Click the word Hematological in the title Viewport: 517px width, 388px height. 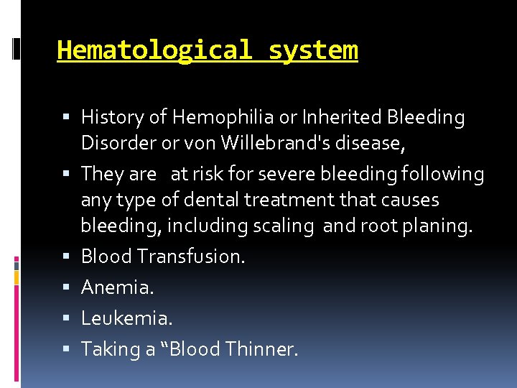tap(154, 51)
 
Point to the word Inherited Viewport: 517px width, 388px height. tap(342, 117)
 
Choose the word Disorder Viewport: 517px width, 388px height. tap(114, 143)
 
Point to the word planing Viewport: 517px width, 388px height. tap(438, 226)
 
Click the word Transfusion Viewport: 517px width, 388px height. tap(190, 257)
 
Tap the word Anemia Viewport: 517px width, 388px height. tap(116, 287)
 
